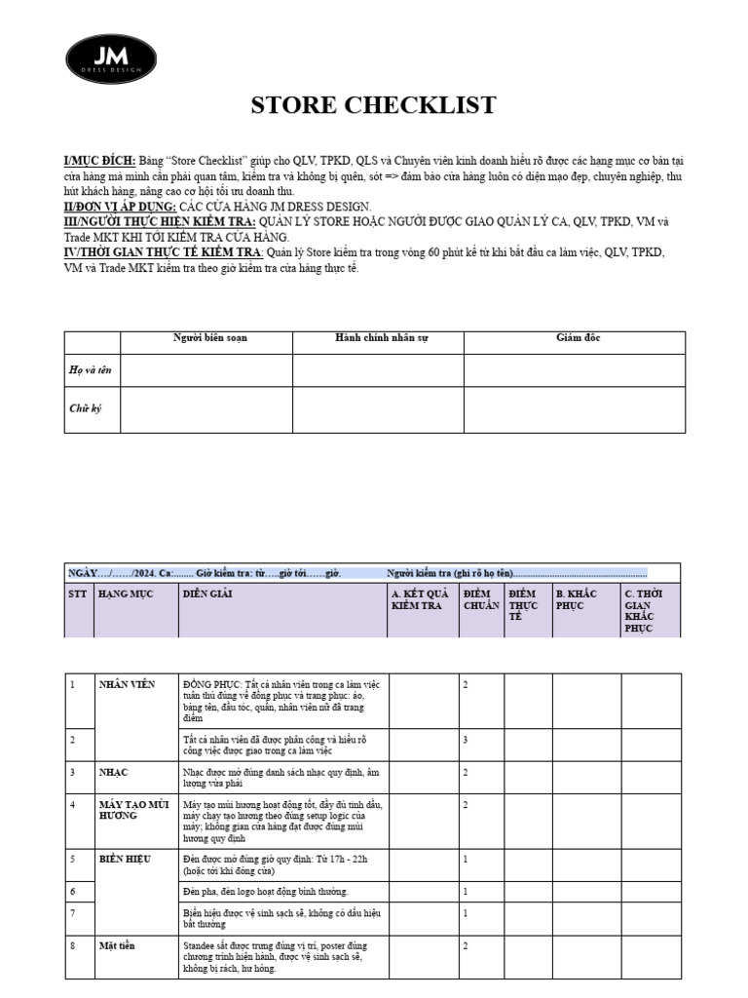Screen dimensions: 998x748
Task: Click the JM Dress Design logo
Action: [x=110, y=58]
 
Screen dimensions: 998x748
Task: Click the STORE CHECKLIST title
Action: [x=374, y=105]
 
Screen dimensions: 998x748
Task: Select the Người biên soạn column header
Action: [x=209, y=338]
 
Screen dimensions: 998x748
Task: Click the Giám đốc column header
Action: [x=578, y=338]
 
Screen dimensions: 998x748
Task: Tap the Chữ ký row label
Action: [x=85, y=408]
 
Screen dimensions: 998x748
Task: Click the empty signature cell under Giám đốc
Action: [x=574, y=409]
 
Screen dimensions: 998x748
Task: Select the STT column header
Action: [x=78, y=594]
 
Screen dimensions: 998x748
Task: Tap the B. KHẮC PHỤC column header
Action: [x=575, y=599]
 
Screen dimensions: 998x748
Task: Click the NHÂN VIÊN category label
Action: [x=127, y=684]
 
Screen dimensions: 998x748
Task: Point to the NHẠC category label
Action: [x=114, y=772]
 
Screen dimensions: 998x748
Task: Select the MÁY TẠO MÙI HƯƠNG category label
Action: [x=133, y=809]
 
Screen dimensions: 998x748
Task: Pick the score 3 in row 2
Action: [x=466, y=741]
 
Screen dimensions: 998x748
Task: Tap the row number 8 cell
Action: [x=73, y=945]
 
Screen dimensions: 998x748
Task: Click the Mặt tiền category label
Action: [x=117, y=945]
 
